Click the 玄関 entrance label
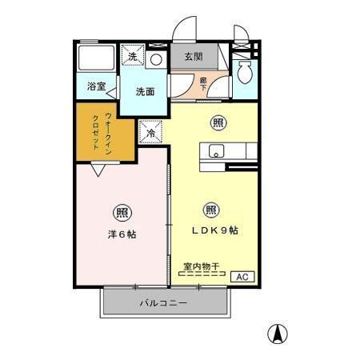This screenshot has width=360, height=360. (x=193, y=57)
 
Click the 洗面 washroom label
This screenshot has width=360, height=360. (x=145, y=92)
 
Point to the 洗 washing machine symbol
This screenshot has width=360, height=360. (x=133, y=56)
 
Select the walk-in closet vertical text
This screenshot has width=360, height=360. (x=98, y=131)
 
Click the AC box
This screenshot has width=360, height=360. (x=242, y=276)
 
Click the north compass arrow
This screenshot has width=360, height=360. (x=277, y=334)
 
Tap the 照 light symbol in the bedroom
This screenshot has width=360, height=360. (x=122, y=213)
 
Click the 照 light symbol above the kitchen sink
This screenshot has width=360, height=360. (x=217, y=122)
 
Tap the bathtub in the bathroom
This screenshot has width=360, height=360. (x=98, y=58)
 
